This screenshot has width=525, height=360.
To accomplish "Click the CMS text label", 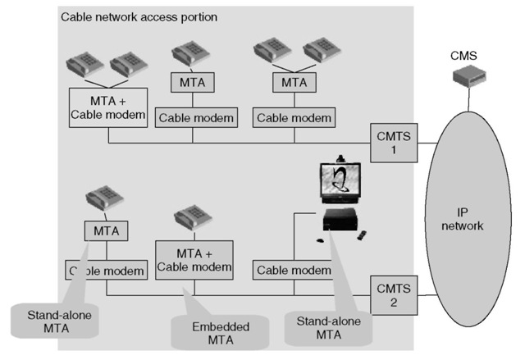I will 464,57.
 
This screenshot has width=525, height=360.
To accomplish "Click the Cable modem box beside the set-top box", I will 293,270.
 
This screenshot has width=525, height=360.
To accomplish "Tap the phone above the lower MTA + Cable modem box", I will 192,221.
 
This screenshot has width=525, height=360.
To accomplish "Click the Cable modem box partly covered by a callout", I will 100,270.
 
